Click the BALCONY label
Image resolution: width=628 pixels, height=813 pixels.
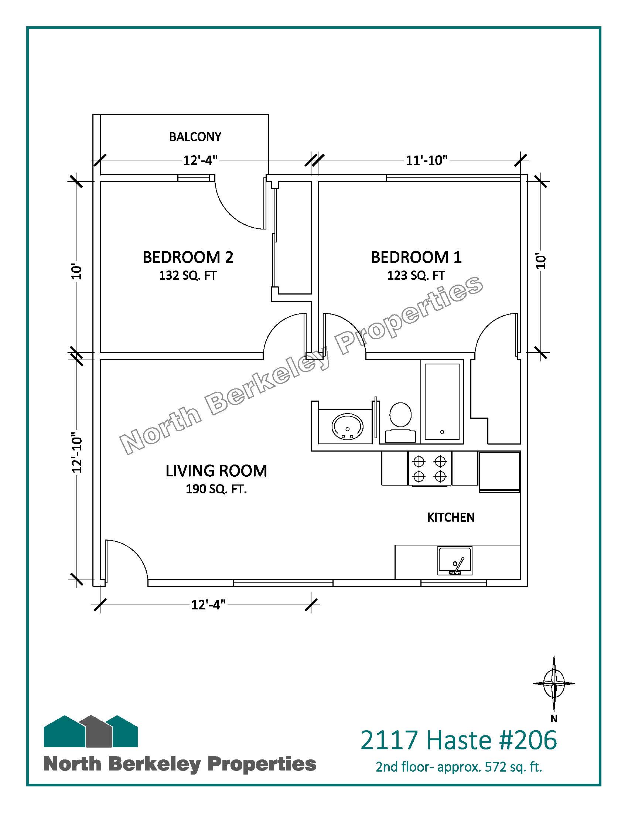(x=195, y=137)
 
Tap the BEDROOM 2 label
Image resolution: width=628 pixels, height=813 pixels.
(x=188, y=257)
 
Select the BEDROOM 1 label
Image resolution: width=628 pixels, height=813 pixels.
(x=416, y=257)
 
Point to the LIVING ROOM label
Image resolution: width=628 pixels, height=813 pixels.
(x=216, y=471)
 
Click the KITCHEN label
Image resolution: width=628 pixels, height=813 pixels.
(x=451, y=517)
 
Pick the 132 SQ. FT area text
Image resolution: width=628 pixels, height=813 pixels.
(x=188, y=275)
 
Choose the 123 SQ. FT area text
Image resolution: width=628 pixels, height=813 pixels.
(x=416, y=275)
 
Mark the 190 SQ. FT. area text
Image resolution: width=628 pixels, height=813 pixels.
(x=216, y=489)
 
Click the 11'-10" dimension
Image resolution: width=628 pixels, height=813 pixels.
(x=426, y=160)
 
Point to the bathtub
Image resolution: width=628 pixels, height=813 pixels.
(x=442, y=402)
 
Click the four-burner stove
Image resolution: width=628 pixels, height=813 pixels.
(x=430, y=468)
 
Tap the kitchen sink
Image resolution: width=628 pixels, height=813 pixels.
(x=455, y=561)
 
